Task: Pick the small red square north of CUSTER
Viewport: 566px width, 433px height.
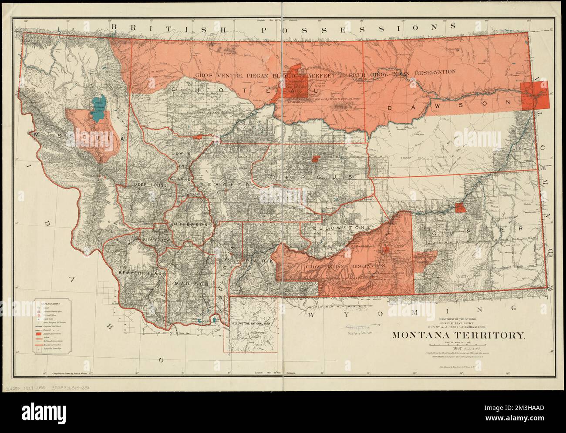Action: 460,207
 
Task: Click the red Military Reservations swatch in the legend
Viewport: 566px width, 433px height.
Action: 40,333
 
